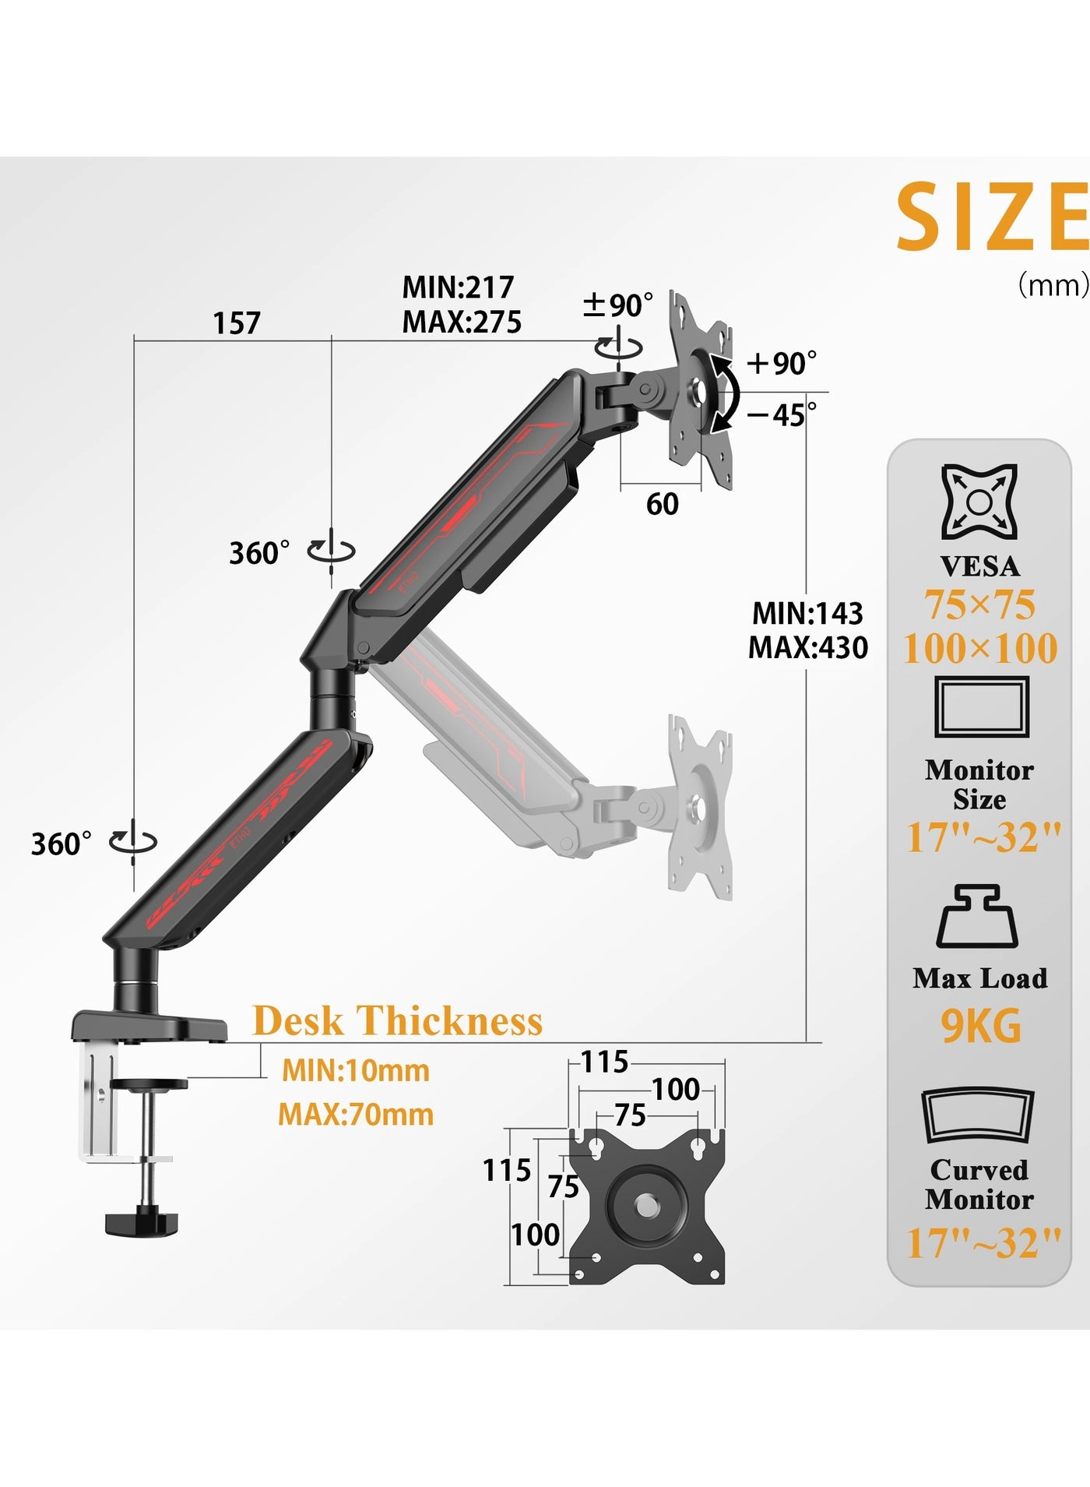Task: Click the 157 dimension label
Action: [237, 322]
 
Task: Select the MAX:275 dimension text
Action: [462, 322]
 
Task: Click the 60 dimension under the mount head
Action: [663, 504]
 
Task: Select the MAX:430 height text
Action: [807, 647]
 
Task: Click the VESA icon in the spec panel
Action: [979, 502]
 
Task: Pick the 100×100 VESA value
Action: [980, 648]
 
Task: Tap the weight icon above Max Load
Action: [978, 916]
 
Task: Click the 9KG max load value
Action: [980, 1026]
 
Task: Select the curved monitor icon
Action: [978, 1115]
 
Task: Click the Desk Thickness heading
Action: [398, 1020]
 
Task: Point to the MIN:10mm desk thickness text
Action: [356, 1070]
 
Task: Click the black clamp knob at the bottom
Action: [141, 1221]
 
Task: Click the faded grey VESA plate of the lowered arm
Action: [700, 807]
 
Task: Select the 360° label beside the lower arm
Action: [61, 844]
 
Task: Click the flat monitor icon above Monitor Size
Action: [981, 707]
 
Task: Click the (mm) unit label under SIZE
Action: [1053, 285]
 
